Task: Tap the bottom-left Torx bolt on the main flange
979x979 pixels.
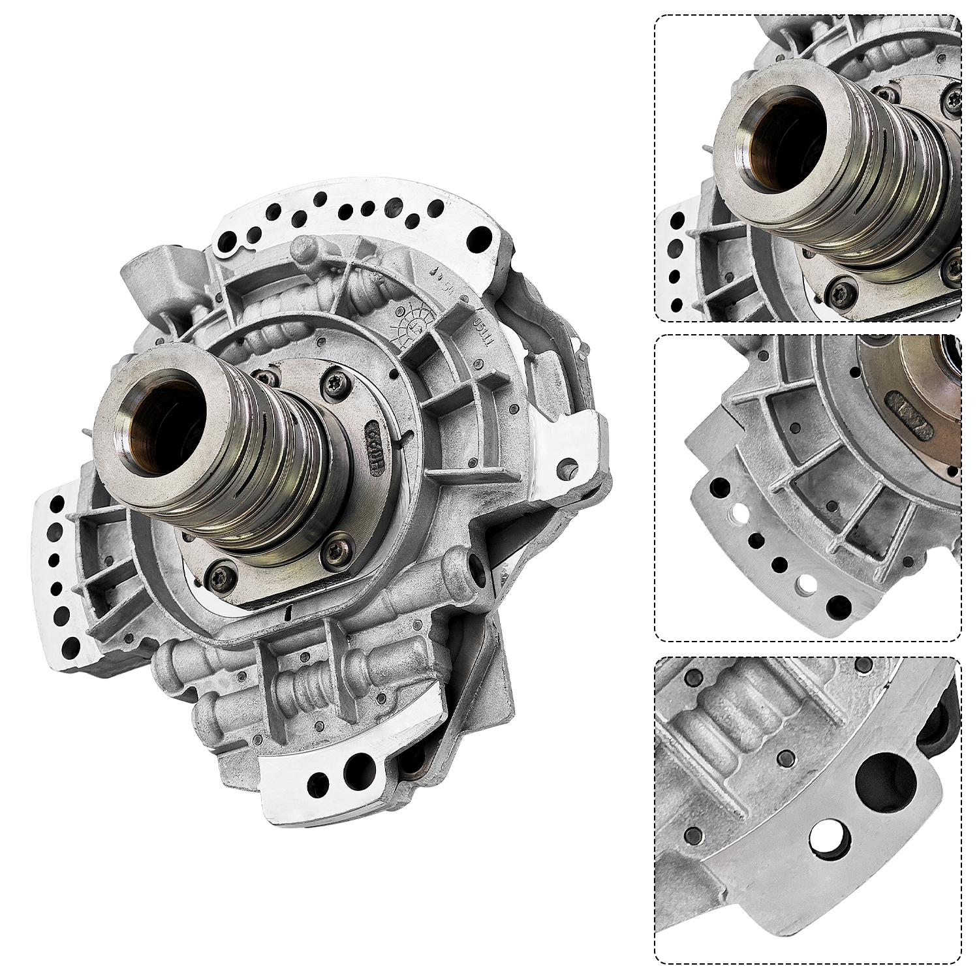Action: [x=213, y=575]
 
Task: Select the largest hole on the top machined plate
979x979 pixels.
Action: [x=484, y=233]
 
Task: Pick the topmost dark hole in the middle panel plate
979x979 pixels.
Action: [x=720, y=486]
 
